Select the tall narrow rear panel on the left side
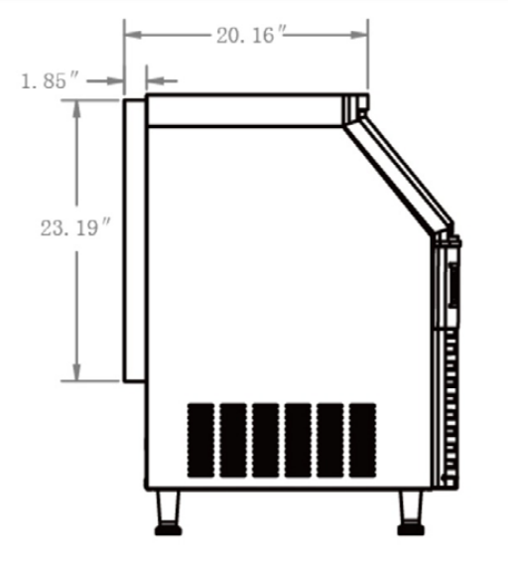point(134,238)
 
